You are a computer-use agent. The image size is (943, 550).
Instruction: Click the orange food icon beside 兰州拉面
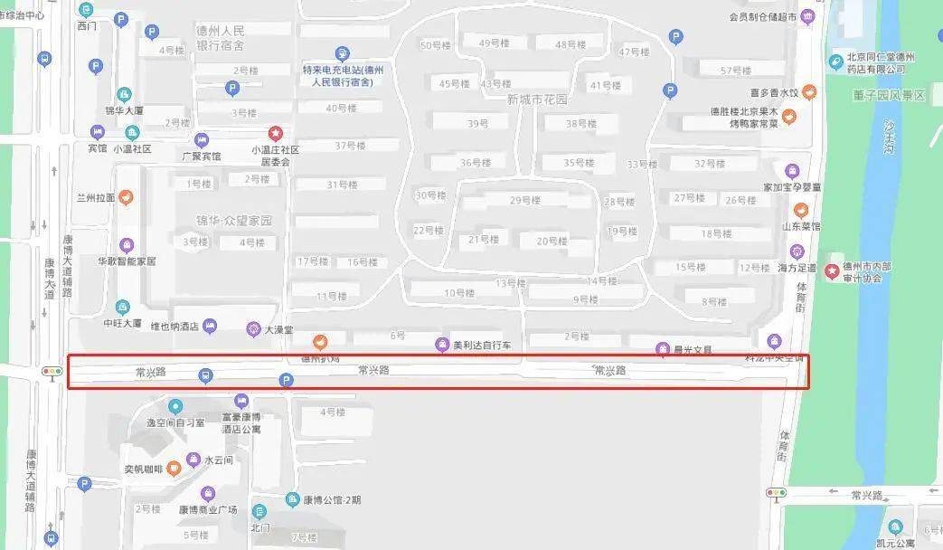127,196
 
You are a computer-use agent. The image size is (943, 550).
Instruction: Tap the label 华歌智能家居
127,261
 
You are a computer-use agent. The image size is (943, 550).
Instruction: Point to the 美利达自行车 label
482,345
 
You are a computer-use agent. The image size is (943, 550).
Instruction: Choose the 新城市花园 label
537,100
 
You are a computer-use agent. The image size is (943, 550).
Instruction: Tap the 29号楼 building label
525,201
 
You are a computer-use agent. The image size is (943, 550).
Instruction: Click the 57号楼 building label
737,71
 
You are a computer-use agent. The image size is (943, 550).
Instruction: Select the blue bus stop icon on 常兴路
207,375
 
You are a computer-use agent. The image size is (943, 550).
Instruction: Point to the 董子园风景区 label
889,95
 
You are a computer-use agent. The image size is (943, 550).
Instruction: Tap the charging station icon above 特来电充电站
342,54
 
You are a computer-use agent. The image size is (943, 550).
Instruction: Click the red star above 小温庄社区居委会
276,133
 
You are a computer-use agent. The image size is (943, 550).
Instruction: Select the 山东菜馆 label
801,226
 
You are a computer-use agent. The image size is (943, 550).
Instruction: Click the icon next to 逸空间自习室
175,406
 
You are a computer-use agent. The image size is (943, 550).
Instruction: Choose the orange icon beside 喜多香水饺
809,92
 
